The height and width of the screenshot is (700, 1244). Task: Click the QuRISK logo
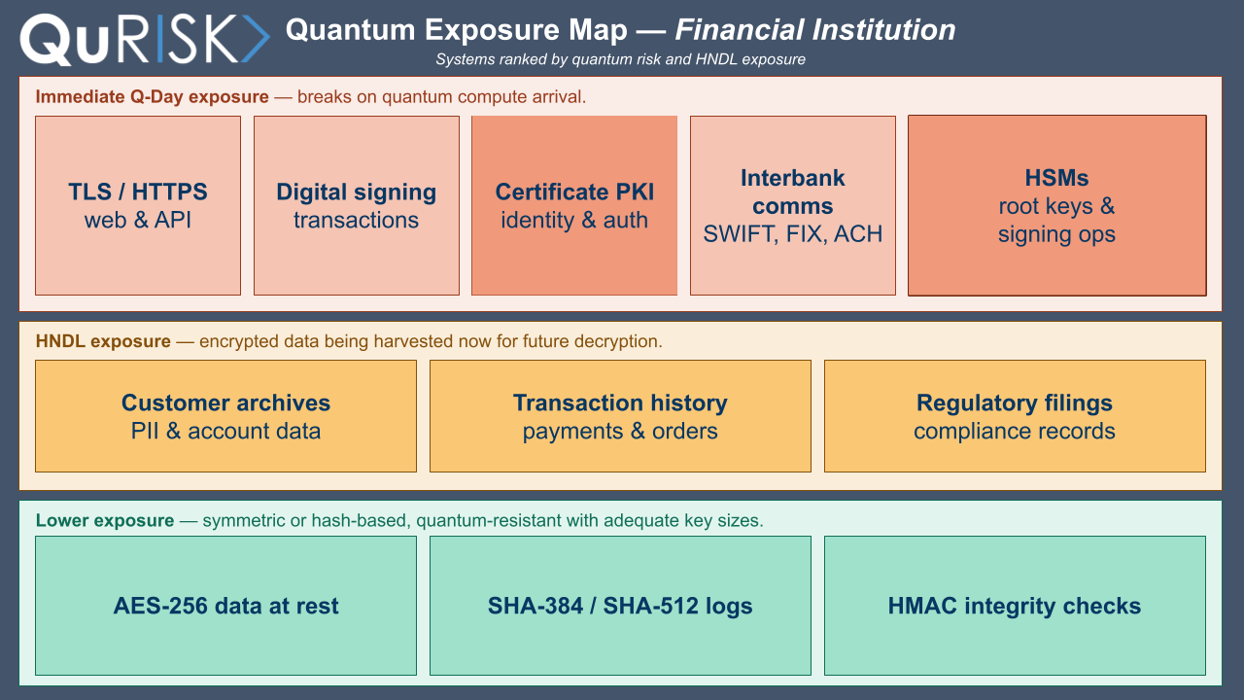(145, 39)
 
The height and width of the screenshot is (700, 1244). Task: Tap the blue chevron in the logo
(256, 38)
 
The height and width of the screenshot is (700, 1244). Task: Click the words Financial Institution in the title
(815, 30)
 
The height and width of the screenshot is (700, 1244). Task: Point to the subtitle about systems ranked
(620, 59)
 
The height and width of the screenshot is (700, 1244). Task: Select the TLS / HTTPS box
(138, 205)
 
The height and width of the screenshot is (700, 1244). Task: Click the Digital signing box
(357, 205)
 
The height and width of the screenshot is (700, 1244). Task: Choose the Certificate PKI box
(574, 205)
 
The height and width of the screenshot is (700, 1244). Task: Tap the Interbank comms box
(793, 205)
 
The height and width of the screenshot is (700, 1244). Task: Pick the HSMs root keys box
(1057, 205)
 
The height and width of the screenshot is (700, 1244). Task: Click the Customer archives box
(226, 416)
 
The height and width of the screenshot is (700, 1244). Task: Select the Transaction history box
(620, 416)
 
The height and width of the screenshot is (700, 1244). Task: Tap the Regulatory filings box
(1015, 416)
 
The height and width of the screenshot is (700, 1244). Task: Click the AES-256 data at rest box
(226, 606)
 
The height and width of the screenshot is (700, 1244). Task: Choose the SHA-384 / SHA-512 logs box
(620, 606)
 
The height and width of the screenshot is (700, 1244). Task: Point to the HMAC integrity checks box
(1015, 606)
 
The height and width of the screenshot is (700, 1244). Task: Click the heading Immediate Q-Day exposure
(153, 96)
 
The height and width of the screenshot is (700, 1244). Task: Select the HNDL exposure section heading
(103, 341)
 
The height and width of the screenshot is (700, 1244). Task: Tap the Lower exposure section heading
(105, 520)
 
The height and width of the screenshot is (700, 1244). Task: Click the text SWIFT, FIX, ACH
(793, 234)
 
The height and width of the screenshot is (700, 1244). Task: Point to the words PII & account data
(226, 431)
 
